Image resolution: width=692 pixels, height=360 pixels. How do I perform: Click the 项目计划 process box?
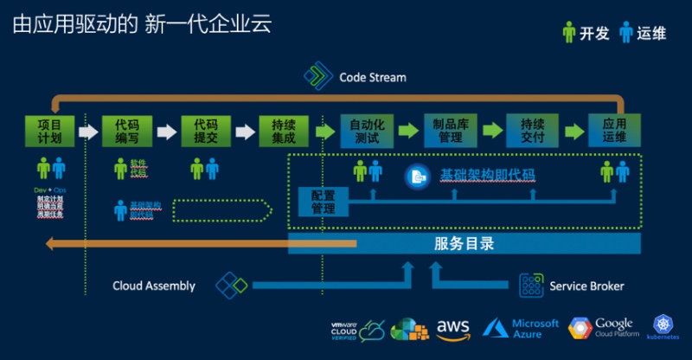(x=49, y=131)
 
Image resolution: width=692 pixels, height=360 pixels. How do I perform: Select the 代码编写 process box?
(x=126, y=131)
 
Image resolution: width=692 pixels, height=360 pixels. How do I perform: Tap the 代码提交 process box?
(x=205, y=131)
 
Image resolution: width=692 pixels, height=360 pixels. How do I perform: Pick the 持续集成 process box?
(x=283, y=131)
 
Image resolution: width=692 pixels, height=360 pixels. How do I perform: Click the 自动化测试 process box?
(x=366, y=131)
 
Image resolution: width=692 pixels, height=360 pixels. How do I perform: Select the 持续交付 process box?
(x=531, y=131)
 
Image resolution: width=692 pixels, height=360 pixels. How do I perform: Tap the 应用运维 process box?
(x=614, y=131)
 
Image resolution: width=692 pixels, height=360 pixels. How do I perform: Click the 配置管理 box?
(x=323, y=202)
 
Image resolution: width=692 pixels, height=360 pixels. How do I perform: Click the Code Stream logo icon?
(x=318, y=77)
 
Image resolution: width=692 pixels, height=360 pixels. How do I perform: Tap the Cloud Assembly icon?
(x=231, y=286)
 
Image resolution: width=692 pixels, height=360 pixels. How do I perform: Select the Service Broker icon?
(x=532, y=286)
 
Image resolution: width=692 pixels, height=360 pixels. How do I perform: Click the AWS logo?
(x=452, y=328)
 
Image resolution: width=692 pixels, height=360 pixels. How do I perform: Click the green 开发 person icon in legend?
(x=568, y=33)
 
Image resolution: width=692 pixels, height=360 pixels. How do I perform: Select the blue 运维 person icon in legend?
(x=625, y=33)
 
